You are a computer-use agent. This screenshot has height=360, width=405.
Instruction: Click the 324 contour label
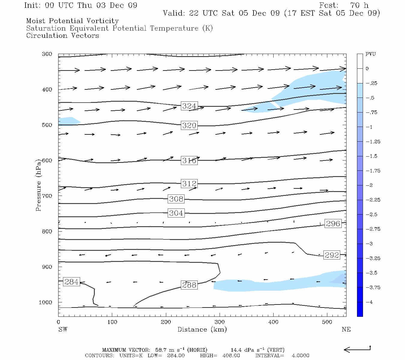(x=189, y=106)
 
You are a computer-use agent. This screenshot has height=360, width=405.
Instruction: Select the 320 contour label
(x=189, y=125)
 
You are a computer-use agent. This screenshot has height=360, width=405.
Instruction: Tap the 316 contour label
(x=189, y=160)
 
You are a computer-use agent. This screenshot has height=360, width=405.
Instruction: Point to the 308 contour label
(x=176, y=199)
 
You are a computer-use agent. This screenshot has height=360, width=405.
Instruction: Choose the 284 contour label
(x=71, y=282)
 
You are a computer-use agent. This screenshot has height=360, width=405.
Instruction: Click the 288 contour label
(x=189, y=285)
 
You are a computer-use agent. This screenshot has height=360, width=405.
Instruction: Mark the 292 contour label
(x=332, y=255)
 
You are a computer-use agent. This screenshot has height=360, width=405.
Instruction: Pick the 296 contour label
(x=333, y=223)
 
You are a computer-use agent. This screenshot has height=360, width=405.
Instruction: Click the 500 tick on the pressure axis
(x=47, y=125)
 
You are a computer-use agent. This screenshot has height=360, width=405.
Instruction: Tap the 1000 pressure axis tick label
(x=46, y=302)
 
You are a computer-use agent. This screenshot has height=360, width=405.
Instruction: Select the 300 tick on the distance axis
(x=220, y=322)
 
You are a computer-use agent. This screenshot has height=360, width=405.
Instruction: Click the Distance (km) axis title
(x=202, y=329)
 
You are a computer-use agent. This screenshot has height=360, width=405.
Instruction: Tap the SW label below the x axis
(x=63, y=329)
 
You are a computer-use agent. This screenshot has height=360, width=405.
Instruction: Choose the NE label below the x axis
(x=346, y=329)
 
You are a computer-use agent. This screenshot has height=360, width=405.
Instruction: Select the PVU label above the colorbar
(x=370, y=54)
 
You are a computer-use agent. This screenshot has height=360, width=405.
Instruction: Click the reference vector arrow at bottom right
(x=357, y=349)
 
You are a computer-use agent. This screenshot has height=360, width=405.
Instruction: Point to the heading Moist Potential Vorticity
(x=72, y=21)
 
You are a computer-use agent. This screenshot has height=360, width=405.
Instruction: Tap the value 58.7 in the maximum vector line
(x=161, y=350)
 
